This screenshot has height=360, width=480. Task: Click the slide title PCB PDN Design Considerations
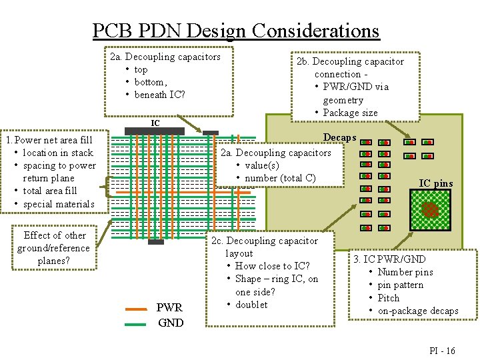pyautogui.click(x=235, y=31)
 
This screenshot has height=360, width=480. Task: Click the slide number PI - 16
pyautogui.click(x=441, y=351)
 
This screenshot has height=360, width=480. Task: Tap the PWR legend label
pyautogui.click(x=169, y=309)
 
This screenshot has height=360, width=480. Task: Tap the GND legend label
pyautogui.click(x=171, y=323)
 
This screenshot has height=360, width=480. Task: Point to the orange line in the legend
pyautogui.click(x=137, y=309)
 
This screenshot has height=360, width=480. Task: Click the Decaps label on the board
pyautogui.click(x=340, y=137)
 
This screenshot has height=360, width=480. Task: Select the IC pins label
pyautogui.click(x=435, y=183)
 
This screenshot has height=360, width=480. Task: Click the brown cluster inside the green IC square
pyautogui.click(x=431, y=209)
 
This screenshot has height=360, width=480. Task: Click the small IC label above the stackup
pyautogui.click(x=155, y=123)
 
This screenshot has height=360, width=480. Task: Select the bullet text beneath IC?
pyautogui.click(x=159, y=95)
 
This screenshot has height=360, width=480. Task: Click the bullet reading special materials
pyautogui.click(x=59, y=204)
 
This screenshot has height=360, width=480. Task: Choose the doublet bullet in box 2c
pyautogui.click(x=251, y=305)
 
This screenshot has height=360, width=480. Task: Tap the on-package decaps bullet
pyautogui.click(x=418, y=311)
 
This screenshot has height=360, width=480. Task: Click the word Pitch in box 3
pyautogui.click(x=389, y=298)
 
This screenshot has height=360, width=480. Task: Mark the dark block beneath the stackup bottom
pyautogui.click(x=155, y=242)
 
